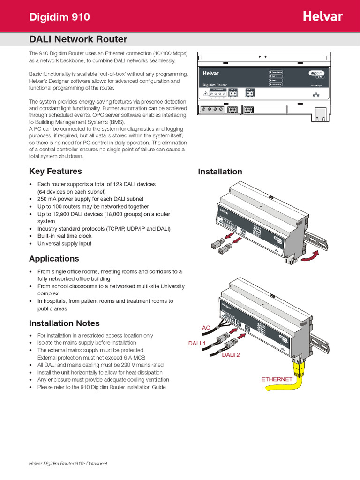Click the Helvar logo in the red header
[322, 17]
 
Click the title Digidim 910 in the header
[60, 17]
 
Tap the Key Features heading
[55, 171]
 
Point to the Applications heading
[54, 259]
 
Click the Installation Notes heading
[64, 323]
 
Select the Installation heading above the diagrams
[220, 172]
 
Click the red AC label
[206, 328]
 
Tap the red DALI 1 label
[197, 344]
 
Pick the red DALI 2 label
[231, 355]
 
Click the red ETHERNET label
[277, 379]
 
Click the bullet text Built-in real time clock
[65, 236]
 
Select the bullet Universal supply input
[64, 244]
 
